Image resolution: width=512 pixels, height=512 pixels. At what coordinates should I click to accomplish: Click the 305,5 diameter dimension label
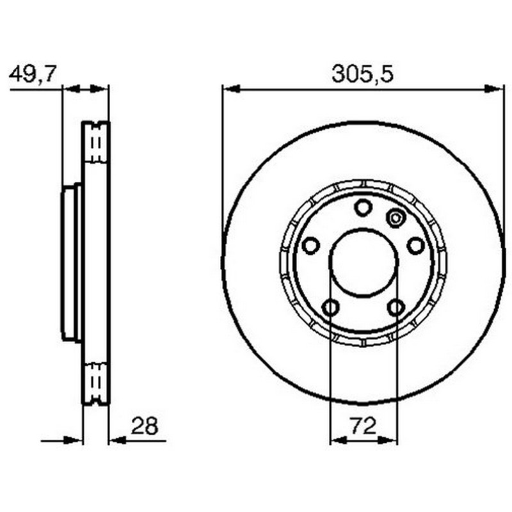click(362, 74)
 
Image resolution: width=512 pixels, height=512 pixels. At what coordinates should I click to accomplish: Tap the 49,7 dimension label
click(33, 74)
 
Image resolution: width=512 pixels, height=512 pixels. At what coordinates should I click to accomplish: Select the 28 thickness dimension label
click(145, 426)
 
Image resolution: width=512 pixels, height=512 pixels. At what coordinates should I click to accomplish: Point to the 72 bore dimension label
click(364, 426)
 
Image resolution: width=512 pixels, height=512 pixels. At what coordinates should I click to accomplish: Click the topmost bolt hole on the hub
click(363, 207)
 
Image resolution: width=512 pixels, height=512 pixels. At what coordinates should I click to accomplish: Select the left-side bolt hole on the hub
click(310, 245)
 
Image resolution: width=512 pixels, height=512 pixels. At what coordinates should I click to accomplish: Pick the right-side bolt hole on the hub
click(416, 245)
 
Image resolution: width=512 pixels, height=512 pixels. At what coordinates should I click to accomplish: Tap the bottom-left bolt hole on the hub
click(330, 307)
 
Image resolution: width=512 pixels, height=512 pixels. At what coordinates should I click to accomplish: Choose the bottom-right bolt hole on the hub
click(396, 307)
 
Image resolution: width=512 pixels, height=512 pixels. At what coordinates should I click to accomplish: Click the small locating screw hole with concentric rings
click(396, 218)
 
